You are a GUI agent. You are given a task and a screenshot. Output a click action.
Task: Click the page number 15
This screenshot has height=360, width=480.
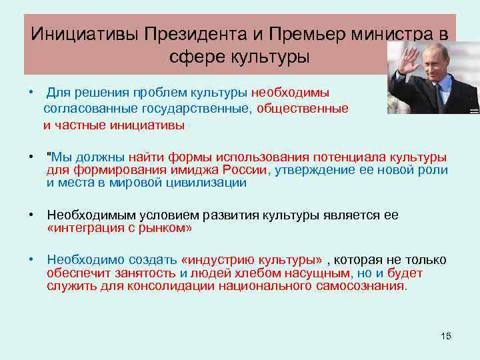coord(446,336)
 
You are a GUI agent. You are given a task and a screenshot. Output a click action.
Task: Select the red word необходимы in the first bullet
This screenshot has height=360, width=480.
coord(290,93)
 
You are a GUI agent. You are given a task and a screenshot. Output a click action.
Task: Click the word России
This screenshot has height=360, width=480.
coord(244,170)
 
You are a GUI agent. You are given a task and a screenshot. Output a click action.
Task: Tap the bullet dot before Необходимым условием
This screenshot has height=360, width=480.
coord(32,215)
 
